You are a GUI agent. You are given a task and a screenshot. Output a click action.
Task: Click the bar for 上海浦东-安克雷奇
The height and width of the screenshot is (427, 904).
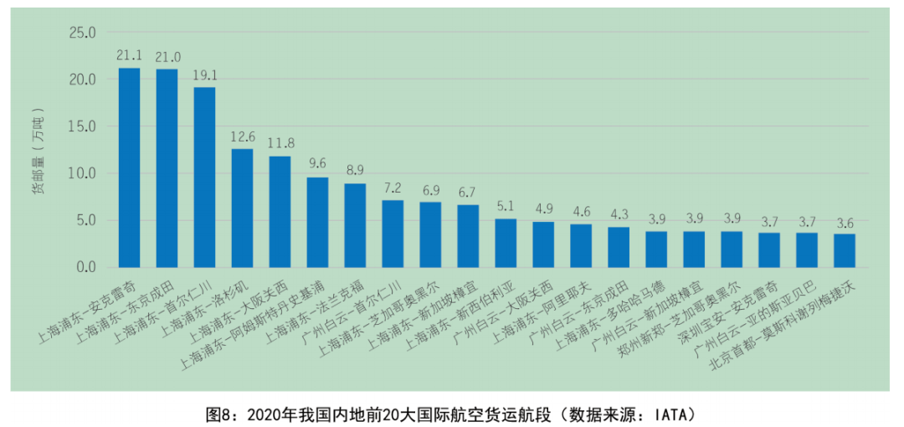pyautogui.click(x=129, y=167)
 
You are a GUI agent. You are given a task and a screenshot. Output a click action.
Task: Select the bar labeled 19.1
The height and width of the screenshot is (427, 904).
pyautogui.click(x=204, y=177)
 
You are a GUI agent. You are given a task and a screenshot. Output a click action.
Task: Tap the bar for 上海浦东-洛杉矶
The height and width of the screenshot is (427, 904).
pyautogui.click(x=242, y=208)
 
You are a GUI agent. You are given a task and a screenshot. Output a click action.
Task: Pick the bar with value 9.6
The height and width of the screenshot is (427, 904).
pyautogui.click(x=317, y=222)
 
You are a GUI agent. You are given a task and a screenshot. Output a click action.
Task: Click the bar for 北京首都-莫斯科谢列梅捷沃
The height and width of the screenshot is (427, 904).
pyautogui.click(x=845, y=250)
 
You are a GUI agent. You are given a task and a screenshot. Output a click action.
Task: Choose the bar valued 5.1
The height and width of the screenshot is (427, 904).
pyautogui.click(x=506, y=243)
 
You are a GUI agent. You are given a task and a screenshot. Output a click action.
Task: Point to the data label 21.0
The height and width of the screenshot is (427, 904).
pyautogui.click(x=167, y=57)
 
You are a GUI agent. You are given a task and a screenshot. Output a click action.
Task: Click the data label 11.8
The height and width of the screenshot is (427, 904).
pyautogui.click(x=280, y=144)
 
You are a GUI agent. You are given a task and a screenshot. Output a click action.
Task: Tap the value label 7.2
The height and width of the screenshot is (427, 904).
pyautogui.click(x=393, y=188)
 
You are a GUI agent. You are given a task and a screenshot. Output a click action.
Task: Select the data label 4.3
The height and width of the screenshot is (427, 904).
pyautogui.click(x=619, y=215)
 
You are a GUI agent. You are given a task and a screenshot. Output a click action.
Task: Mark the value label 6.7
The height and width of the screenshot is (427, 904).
pyautogui.click(x=468, y=193)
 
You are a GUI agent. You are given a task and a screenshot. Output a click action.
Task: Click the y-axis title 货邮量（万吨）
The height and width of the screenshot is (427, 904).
pyautogui.click(x=39, y=151)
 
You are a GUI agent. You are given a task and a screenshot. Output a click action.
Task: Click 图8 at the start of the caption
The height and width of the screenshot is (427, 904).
pyautogui.click(x=218, y=414)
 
